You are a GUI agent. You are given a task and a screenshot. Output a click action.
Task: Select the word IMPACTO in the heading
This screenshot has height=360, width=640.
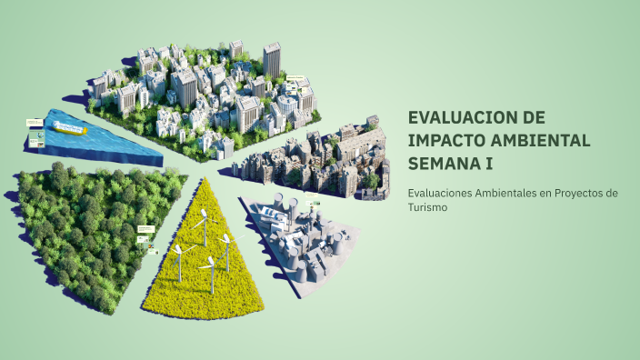pos(446,141)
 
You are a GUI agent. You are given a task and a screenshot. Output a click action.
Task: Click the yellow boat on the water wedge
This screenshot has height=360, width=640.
pos(71,129)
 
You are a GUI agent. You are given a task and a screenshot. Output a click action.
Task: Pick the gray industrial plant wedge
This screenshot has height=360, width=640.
pos(305,241)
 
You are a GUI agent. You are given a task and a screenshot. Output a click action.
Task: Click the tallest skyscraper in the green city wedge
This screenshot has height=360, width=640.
pos(272,60)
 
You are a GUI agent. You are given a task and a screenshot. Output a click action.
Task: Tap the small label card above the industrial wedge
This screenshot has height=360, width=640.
pos(311,195)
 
